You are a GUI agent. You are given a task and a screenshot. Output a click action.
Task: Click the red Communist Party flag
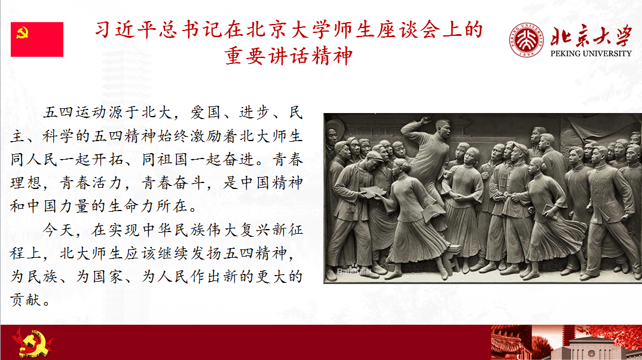coord(37,39)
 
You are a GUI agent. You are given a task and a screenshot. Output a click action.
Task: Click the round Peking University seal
coord(527,39)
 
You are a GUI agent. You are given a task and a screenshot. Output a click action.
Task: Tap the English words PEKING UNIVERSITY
coord(591,54)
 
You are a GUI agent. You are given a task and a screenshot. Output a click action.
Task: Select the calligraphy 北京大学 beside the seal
coord(591,36)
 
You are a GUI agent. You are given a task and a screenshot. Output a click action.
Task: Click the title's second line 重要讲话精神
coord(289,56)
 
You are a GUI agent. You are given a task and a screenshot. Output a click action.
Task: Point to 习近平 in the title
coord(126,30)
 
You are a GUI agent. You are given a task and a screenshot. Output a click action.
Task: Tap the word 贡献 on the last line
coord(26,300)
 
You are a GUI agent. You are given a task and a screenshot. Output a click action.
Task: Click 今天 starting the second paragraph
coord(59,230)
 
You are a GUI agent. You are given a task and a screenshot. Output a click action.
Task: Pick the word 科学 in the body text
coord(59,136)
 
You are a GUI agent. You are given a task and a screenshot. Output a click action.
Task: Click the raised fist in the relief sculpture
coord(426,120)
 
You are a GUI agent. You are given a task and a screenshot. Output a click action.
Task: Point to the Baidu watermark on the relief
coord(354,271)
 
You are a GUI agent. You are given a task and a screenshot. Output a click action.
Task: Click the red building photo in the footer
coord(566,343)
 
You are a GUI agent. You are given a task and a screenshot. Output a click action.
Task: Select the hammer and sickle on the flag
coord(22,33)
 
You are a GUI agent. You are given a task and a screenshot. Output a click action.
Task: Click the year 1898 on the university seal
coord(527,53)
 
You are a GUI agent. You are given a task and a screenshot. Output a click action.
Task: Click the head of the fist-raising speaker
coord(443,128)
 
